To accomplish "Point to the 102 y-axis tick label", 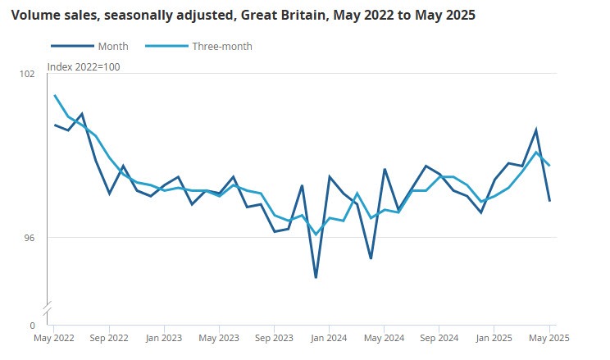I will pos(27,74).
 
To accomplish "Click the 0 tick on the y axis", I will pos(32,326).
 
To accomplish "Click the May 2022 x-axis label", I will pos(54,337).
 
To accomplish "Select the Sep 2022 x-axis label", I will pos(108,337).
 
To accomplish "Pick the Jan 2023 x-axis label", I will pos(164,337).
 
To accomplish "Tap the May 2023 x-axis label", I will pos(219,337).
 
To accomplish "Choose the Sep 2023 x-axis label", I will pos(274,337).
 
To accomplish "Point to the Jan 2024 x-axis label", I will pos(330,337).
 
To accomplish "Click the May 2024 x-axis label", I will pos(384,337).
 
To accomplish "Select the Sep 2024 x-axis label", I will pos(439,337).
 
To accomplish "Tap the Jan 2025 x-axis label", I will pos(494,337).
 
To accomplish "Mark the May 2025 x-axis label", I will pos(549,337).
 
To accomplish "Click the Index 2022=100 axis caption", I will pos(84,66).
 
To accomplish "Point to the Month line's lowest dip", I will pos(316,278).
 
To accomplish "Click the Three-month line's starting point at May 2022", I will pos(55,96).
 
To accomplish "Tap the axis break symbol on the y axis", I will pos(48,307).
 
